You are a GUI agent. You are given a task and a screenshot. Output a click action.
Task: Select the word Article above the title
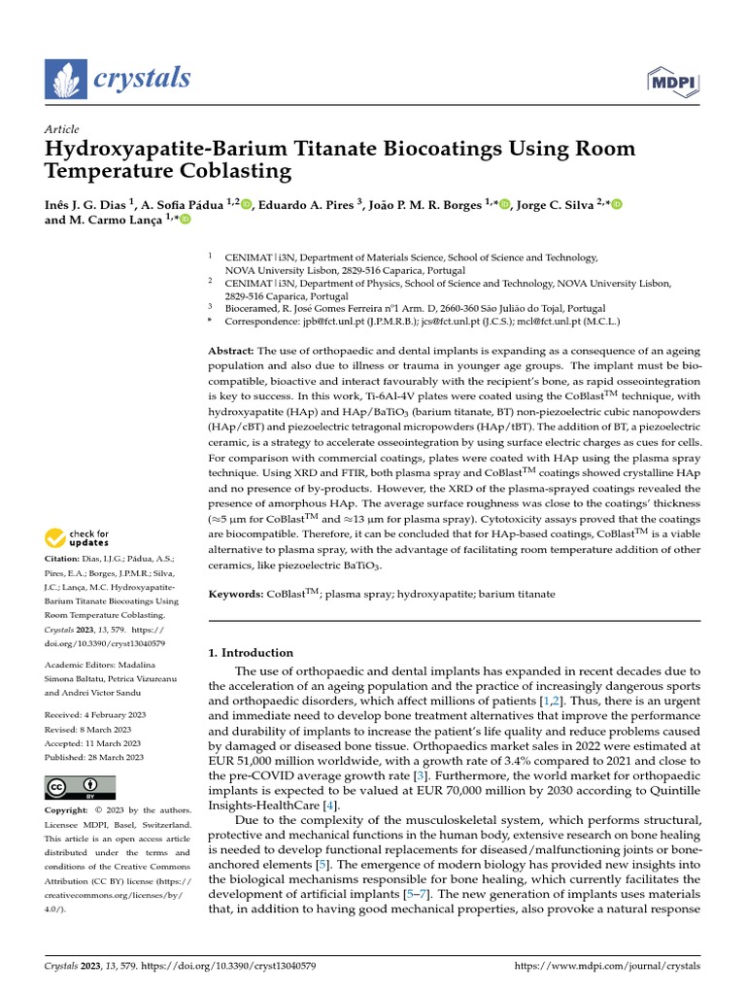click(62, 129)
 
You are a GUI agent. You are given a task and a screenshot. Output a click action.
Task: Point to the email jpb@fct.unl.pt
click(325, 321)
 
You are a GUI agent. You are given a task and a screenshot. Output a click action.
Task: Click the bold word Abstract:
click(233, 350)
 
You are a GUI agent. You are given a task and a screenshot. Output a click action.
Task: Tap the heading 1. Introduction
click(252, 653)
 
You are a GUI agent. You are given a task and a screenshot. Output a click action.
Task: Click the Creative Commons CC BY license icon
click(81, 787)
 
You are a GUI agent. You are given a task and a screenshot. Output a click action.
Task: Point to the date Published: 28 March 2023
click(94, 757)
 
